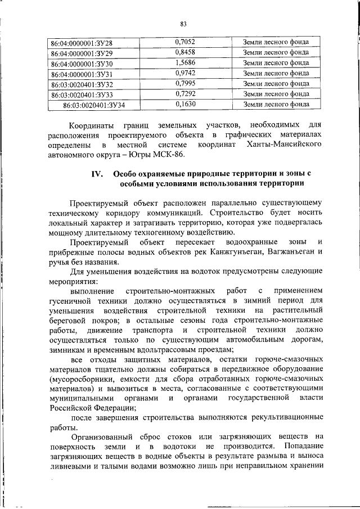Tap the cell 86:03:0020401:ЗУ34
coord(94,105)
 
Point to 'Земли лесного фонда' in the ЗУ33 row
coord(276,94)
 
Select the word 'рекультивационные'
coord(285,417)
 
